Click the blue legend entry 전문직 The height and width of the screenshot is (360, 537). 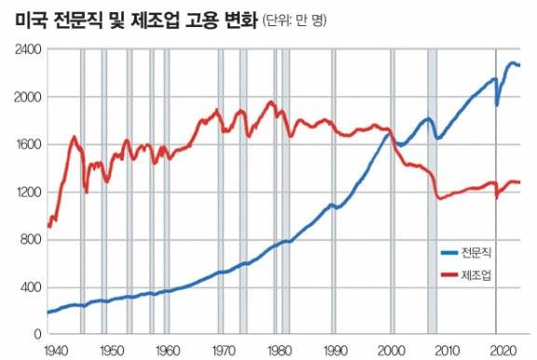(x=475, y=252)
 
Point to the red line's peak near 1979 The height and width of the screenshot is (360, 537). (x=271, y=102)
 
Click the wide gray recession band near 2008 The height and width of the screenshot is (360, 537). (x=433, y=187)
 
